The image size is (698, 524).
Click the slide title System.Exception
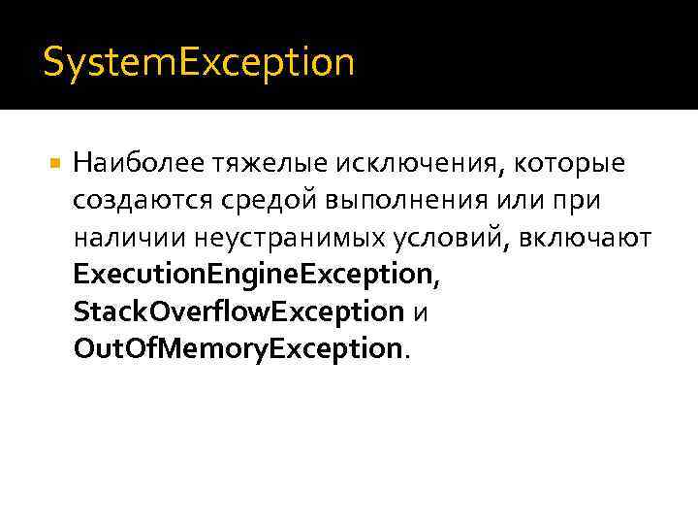click(x=199, y=64)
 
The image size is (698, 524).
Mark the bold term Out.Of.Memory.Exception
click(x=237, y=347)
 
